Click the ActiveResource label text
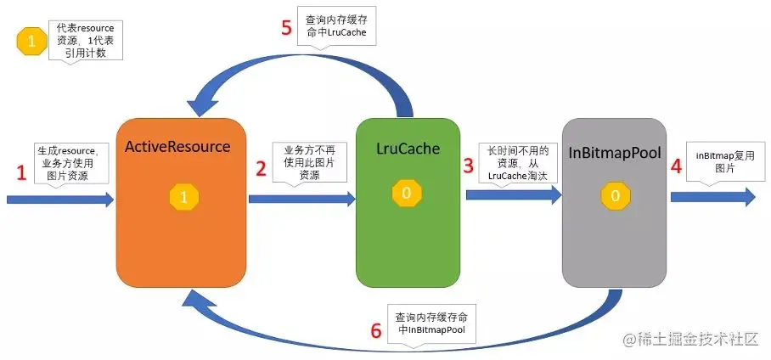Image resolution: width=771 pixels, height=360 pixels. click(x=177, y=146)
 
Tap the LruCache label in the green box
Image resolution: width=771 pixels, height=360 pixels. click(x=408, y=149)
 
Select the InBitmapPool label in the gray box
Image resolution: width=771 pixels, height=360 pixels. click(x=616, y=153)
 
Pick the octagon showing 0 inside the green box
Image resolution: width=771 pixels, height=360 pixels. click(x=406, y=193)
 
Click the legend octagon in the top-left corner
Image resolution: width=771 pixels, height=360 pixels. click(x=32, y=42)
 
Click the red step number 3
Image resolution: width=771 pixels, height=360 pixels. click(x=468, y=165)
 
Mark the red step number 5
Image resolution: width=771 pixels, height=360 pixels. click(x=286, y=26)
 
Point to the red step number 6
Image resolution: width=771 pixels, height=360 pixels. click(x=376, y=329)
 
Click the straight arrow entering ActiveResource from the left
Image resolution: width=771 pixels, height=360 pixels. click(x=59, y=200)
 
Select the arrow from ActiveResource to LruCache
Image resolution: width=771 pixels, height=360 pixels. click(x=301, y=199)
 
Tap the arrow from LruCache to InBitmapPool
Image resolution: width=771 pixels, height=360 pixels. click(x=513, y=194)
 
